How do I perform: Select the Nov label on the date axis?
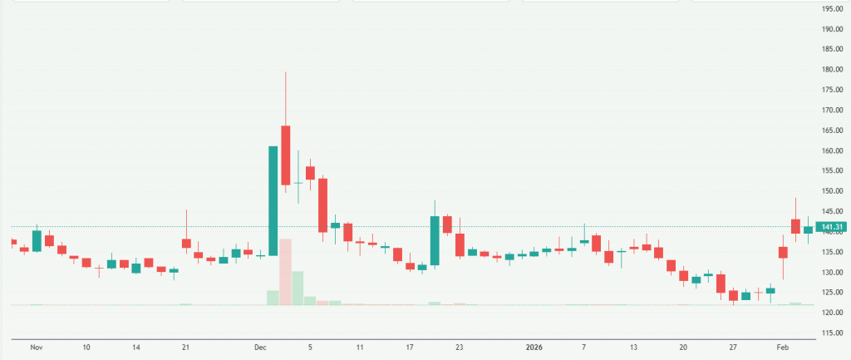36,345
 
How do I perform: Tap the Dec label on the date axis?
260,345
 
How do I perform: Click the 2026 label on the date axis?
534,345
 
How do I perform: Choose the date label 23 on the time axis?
459,345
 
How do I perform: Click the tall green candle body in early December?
273,200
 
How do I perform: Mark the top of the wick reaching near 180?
285,72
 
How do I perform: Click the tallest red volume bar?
285,272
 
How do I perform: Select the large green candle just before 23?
434,240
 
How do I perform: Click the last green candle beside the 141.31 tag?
808,229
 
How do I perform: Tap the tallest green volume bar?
298,288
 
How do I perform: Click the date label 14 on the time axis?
135,345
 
